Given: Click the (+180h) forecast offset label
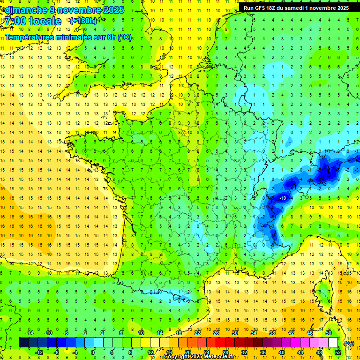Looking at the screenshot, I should pos(83,21).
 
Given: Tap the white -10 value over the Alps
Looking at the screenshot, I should pos(282,199).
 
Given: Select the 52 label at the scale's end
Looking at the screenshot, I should pos(337,352).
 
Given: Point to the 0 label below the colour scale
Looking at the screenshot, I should pos(93,352).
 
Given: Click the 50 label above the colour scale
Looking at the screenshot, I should pos(328,333).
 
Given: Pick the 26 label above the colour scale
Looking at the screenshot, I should pos(216,333).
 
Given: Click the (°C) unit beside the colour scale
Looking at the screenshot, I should pos(349,343).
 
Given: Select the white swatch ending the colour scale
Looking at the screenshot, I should pos(333,343).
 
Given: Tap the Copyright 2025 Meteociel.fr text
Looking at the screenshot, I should pos(199,357).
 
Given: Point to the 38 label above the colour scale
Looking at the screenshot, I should pos(272,333).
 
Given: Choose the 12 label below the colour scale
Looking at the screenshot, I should pos(150,352).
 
